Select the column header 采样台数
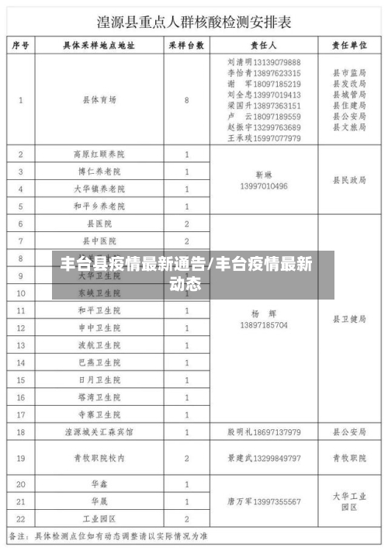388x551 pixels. (186, 46)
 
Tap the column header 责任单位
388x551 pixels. (348, 46)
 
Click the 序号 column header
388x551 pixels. (21, 46)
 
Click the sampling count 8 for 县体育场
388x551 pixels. (187, 100)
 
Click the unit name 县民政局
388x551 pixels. (348, 180)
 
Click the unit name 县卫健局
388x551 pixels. (348, 319)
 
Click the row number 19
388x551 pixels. (21, 458)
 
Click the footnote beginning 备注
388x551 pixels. (109, 536)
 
